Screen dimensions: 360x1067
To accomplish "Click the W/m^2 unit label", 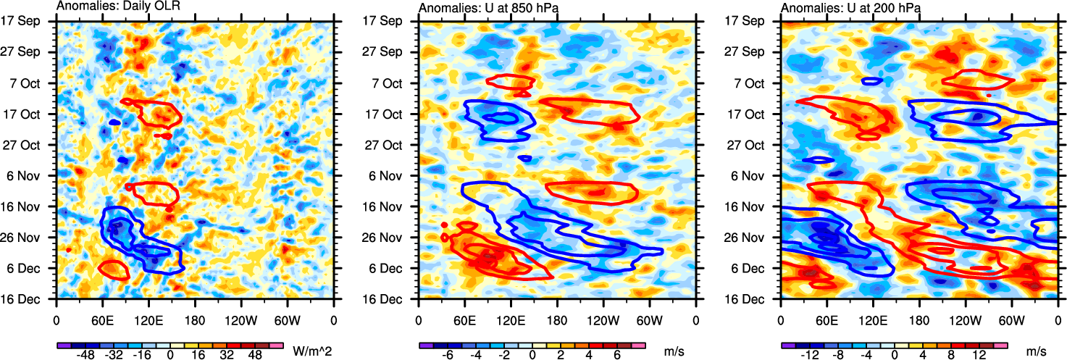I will pyautogui.click(x=312, y=351).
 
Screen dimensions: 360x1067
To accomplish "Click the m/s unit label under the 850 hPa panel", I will pyautogui.click(x=674, y=351).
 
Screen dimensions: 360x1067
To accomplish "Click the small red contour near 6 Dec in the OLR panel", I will pyautogui.click(x=113, y=269).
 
